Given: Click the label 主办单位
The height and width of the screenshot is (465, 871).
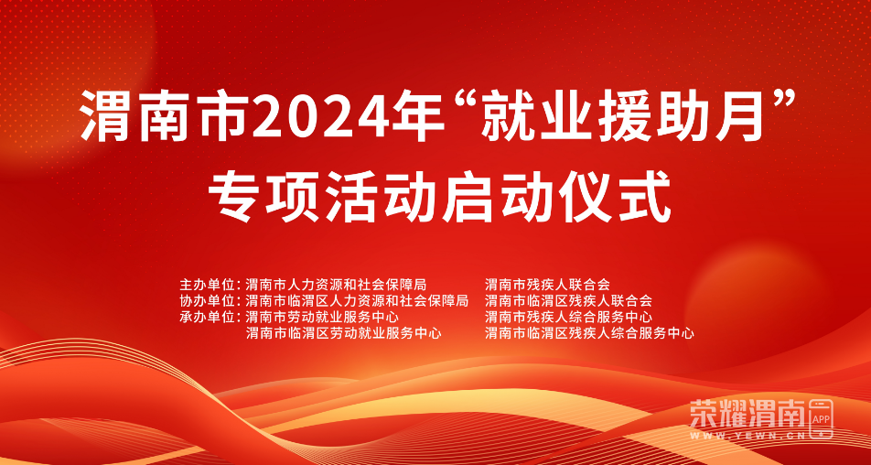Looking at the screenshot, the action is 204,285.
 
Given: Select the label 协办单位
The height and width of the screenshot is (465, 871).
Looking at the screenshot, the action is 204,301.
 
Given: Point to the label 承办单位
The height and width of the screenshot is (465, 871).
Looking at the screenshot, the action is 204,318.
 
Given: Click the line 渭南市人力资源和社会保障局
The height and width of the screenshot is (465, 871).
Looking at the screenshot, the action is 336,285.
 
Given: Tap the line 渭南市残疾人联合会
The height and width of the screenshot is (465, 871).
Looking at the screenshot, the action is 547,285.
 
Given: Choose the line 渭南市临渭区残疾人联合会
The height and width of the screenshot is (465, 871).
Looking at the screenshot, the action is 568,301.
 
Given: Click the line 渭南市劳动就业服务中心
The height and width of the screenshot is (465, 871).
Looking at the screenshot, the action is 322,318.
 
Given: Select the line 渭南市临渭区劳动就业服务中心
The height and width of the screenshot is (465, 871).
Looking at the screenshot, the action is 343,333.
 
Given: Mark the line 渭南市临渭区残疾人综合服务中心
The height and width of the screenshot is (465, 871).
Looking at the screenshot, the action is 589,333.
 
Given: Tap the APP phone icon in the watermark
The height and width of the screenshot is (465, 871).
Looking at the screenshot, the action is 821,417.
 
